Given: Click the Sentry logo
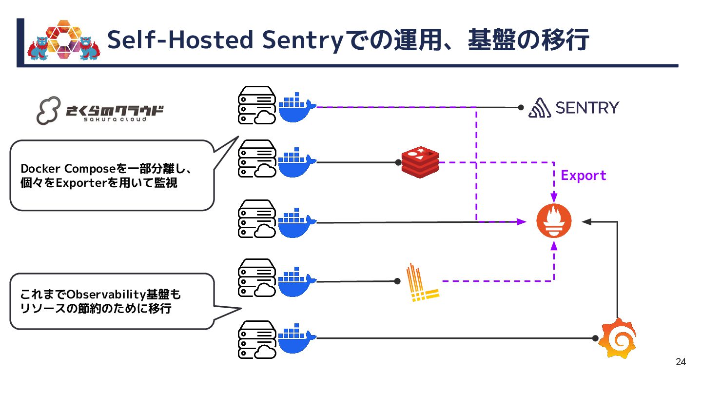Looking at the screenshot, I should coord(574,108).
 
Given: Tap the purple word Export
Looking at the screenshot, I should coord(584,176).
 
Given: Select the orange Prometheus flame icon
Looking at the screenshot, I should coord(553,221).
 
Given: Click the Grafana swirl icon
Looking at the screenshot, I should coord(618,338).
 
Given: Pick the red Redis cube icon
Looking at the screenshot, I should coord(420,161).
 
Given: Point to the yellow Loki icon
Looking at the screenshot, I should coord(422,282).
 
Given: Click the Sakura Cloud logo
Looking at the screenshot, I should coord(100,111).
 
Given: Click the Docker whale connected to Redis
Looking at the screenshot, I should coord(297,161).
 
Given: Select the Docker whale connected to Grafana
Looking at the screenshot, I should coord(297,337).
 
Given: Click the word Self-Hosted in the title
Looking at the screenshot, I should coord(180,40).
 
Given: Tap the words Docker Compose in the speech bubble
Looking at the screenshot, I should coord(68,169).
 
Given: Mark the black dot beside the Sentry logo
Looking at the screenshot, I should coord(521,108).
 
